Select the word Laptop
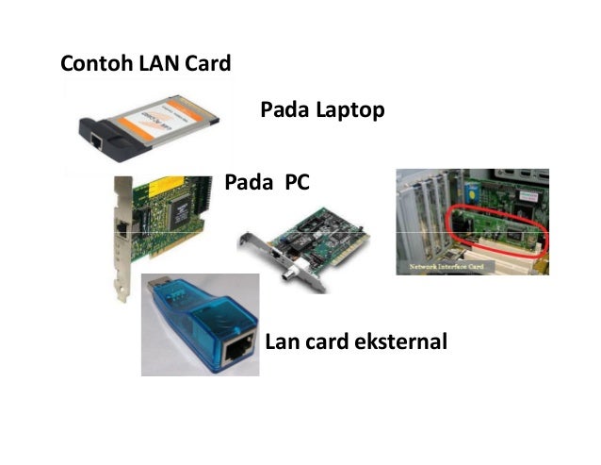(x=350, y=110)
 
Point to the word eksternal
(x=400, y=340)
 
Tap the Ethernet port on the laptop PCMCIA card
(x=97, y=141)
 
